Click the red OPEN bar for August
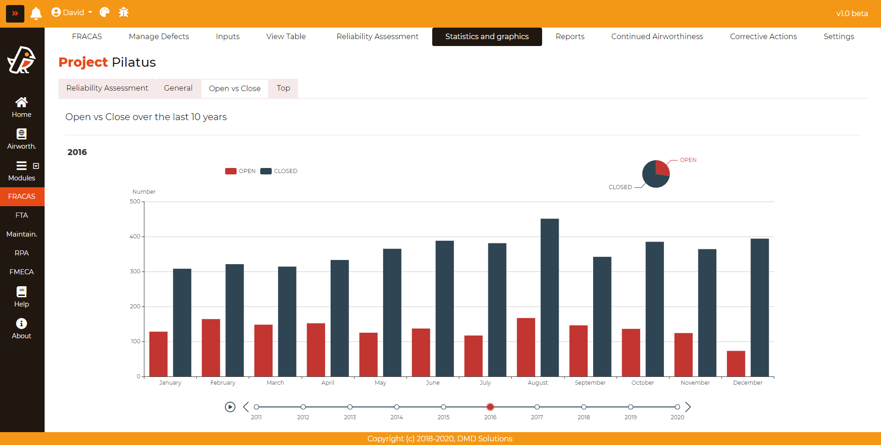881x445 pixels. pos(526,347)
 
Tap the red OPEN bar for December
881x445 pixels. pos(736,364)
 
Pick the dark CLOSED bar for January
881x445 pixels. pos(182,322)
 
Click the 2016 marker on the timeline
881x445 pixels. pos(490,407)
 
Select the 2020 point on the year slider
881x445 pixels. pos(677,407)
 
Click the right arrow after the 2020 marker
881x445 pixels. pos(688,407)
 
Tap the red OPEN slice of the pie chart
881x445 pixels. pos(662,168)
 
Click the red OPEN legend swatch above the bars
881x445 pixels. pos(231,171)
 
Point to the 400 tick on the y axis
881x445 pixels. pos(135,237)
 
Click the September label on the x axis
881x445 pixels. pos(590,383)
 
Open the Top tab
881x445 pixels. pos(283,88)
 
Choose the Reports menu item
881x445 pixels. pos(570,37)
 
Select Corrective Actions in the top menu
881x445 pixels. pos(763,37)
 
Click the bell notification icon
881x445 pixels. pos(36,13)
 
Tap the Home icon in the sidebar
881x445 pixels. pos(22,102)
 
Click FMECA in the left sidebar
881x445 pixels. pos(22,272)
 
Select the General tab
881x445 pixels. pos(178,88)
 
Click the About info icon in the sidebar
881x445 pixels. pos(22,324)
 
